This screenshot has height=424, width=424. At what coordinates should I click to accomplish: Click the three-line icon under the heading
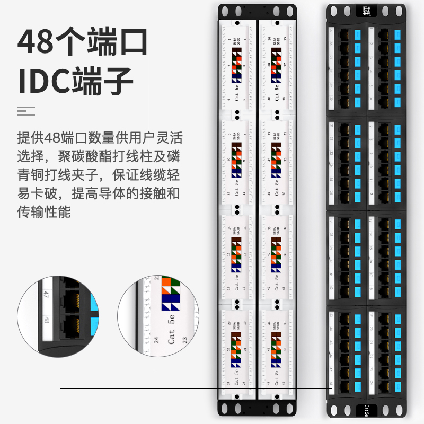pos(26,111)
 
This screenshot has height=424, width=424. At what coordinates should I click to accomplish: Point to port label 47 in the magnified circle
pos(46,295)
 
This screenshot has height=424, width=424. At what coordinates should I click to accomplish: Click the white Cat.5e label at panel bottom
pos(366,410)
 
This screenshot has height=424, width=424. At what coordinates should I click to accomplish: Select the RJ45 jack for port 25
pos(343,32)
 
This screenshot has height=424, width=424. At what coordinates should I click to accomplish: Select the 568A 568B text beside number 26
pos(274,42)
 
